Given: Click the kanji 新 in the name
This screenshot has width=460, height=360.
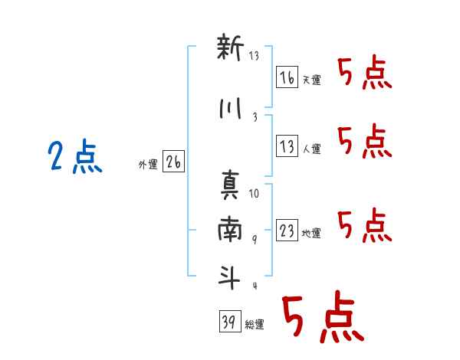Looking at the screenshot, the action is [230, 47].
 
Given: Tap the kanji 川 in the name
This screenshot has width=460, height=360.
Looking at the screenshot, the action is [230, 109].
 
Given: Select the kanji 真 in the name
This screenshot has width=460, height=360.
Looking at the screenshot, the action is [230, 185].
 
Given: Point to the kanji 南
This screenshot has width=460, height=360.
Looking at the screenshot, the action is [230, 229].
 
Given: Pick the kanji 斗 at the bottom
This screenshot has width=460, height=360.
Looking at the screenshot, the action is [229, 277].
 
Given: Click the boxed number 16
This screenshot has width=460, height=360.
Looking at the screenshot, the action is [287, 77].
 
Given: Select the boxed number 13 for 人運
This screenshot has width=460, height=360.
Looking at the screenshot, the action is [287, 146].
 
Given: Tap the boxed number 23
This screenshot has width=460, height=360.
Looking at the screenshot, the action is [287, 230].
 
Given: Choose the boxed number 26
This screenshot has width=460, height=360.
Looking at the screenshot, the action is [174, 162].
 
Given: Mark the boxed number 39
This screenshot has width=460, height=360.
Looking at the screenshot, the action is [230, 321].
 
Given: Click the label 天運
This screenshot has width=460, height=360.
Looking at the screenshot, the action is [312, 80].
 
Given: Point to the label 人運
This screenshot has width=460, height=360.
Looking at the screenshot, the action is [312, 149].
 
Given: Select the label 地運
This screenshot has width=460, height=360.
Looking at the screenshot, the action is [311, 233].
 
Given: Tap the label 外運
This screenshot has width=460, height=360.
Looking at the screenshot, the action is [148, 165].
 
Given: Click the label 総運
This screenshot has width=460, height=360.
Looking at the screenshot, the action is [255, 324].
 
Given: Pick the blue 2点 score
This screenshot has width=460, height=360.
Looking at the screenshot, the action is [75, 156].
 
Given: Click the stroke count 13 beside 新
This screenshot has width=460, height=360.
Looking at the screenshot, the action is [254, 56].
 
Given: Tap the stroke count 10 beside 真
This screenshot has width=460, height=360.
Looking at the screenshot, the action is [254, 194].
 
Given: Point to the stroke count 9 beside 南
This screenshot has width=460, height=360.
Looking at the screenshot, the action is [255, 240].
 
